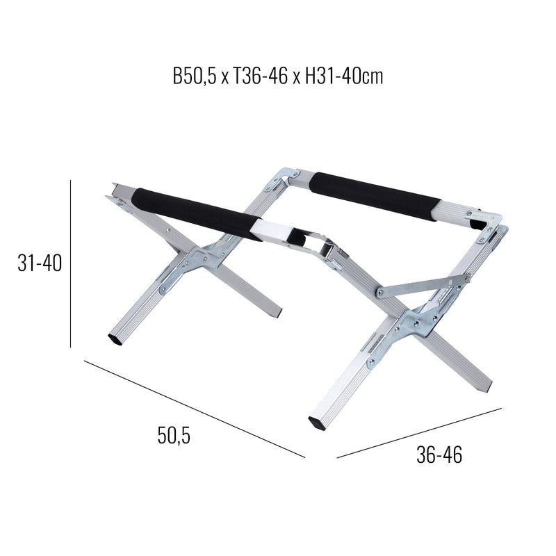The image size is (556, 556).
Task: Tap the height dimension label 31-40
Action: [40, 263]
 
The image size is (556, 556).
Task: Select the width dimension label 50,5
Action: [174, 436]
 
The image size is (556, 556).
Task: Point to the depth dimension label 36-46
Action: [439, 455]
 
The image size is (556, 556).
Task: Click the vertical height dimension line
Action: [71, 263]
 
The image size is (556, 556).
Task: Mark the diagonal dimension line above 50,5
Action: [195, 409]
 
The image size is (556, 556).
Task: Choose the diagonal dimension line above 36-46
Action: [418, 433]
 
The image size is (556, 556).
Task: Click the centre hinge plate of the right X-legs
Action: [415, 322]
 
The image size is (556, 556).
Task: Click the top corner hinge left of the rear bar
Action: [286, 177]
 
